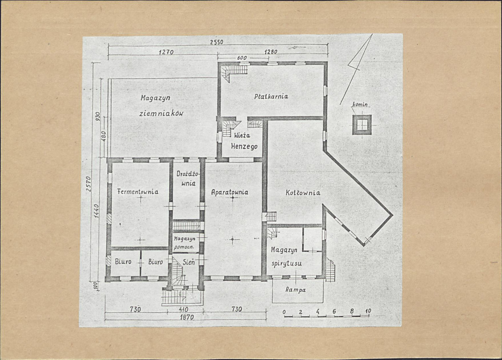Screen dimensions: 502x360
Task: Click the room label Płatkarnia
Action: (271, 96)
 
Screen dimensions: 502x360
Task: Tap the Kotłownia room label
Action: (303, 193)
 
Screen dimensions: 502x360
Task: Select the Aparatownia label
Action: (229, 192)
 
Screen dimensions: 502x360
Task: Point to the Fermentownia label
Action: (138, 192)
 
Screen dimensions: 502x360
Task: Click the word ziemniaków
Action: (161, 113)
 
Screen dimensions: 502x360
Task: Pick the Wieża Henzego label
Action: (244, 141)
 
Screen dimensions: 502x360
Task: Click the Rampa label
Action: (296, 290)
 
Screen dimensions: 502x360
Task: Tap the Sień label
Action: (188, 262)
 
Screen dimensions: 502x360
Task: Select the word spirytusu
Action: (286, 264)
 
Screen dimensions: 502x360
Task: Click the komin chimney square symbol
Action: (362, 125)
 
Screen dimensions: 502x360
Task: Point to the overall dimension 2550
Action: (216, 42)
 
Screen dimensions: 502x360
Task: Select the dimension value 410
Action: (183, 309)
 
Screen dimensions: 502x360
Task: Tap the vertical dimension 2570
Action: (89, 184)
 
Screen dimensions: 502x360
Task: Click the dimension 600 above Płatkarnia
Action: (242, 58)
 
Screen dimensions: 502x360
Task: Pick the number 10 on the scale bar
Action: (368, 311)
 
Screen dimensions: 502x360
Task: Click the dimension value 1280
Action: (271, 51)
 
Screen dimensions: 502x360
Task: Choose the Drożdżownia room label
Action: (188, 179)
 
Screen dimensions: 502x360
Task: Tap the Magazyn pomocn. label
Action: (184, 243)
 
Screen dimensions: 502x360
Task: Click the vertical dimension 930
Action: (98, 116)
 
